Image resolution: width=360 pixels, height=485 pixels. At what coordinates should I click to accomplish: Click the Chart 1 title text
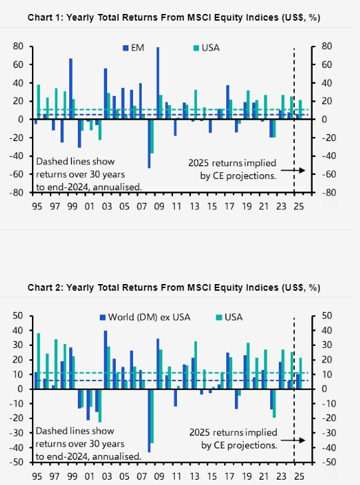[x=174, y=18]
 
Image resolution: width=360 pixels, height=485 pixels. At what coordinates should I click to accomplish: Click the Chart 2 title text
[x=174, y=287]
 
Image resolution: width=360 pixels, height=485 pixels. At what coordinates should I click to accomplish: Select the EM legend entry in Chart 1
[x=134, y=48]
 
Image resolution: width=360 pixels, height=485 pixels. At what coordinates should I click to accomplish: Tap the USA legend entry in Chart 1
[x=206, y=48]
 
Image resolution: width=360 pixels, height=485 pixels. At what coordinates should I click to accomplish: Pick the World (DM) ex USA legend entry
[x=145, y=317]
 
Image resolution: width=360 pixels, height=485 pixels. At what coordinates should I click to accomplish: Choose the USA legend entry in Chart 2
[x=229, y=317]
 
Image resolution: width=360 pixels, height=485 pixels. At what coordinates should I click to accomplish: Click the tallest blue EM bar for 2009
[x=158, y=83]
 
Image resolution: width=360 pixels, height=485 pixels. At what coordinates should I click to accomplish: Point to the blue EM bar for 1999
[x=71, y=88]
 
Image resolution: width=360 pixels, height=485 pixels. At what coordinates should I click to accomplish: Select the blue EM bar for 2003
[x=105, y=94]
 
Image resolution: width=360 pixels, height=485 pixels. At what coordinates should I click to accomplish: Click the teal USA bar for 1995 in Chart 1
[x=39, y=102]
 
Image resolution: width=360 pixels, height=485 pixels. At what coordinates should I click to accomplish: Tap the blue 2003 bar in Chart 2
[x=105, y=360]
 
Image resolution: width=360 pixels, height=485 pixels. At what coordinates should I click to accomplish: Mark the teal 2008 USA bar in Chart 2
[x=152, y=416]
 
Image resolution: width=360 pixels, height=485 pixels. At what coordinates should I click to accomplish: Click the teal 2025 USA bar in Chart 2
[x=300, y=373]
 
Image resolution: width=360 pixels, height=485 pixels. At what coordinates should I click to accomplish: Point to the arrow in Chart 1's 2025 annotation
[x=293, y=170]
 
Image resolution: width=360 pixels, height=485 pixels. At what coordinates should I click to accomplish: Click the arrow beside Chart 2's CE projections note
[x=293, y=440]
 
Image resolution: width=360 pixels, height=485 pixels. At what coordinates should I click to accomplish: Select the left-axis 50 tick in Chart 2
[x=18, y=316]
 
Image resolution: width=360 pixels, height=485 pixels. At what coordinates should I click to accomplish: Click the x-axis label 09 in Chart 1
[x=159, y=206]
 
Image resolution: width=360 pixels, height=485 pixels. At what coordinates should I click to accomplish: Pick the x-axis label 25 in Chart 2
[x=299, y=476]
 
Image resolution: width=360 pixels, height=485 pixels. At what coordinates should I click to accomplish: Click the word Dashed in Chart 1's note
[x=49, y=162]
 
